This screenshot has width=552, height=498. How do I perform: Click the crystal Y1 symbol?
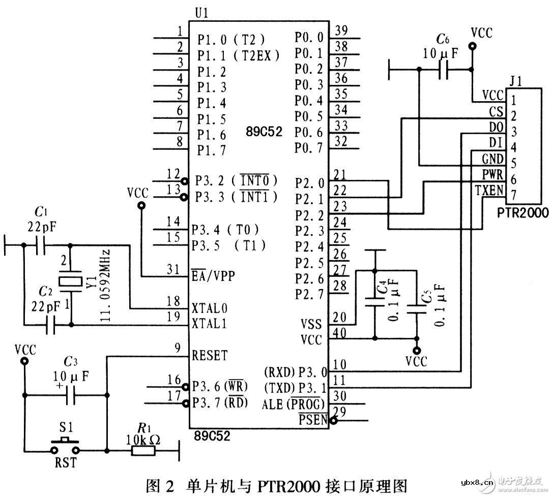point(70,282)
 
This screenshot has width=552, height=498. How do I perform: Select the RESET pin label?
point(210,356)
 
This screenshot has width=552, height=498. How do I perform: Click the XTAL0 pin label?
point(209,308)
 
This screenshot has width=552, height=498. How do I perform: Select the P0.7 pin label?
point(308,148)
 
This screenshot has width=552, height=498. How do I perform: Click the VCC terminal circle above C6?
point(473,47)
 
